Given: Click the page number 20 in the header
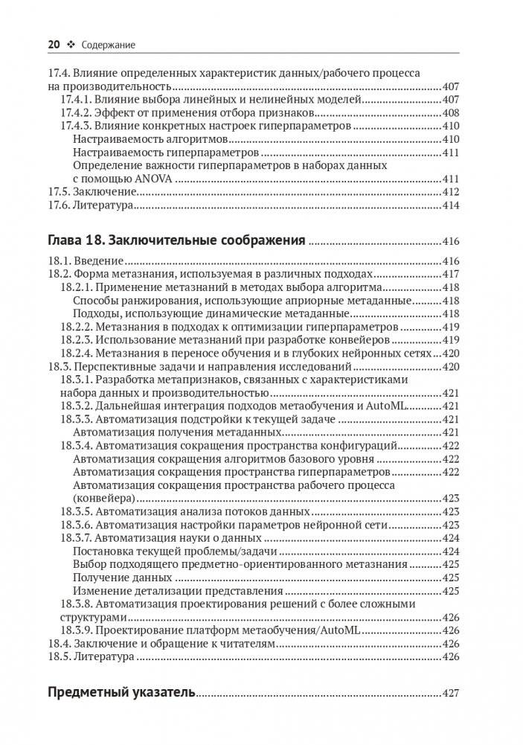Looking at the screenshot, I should pos(54,45).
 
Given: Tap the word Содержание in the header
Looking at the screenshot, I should pos(109,45).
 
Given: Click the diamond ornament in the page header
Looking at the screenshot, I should pos(71,45).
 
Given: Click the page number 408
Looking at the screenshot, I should pos(451,113).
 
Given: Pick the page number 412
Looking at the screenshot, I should pos(451,192).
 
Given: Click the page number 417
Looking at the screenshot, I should pos(451,274).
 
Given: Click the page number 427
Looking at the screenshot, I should pos(451,692).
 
